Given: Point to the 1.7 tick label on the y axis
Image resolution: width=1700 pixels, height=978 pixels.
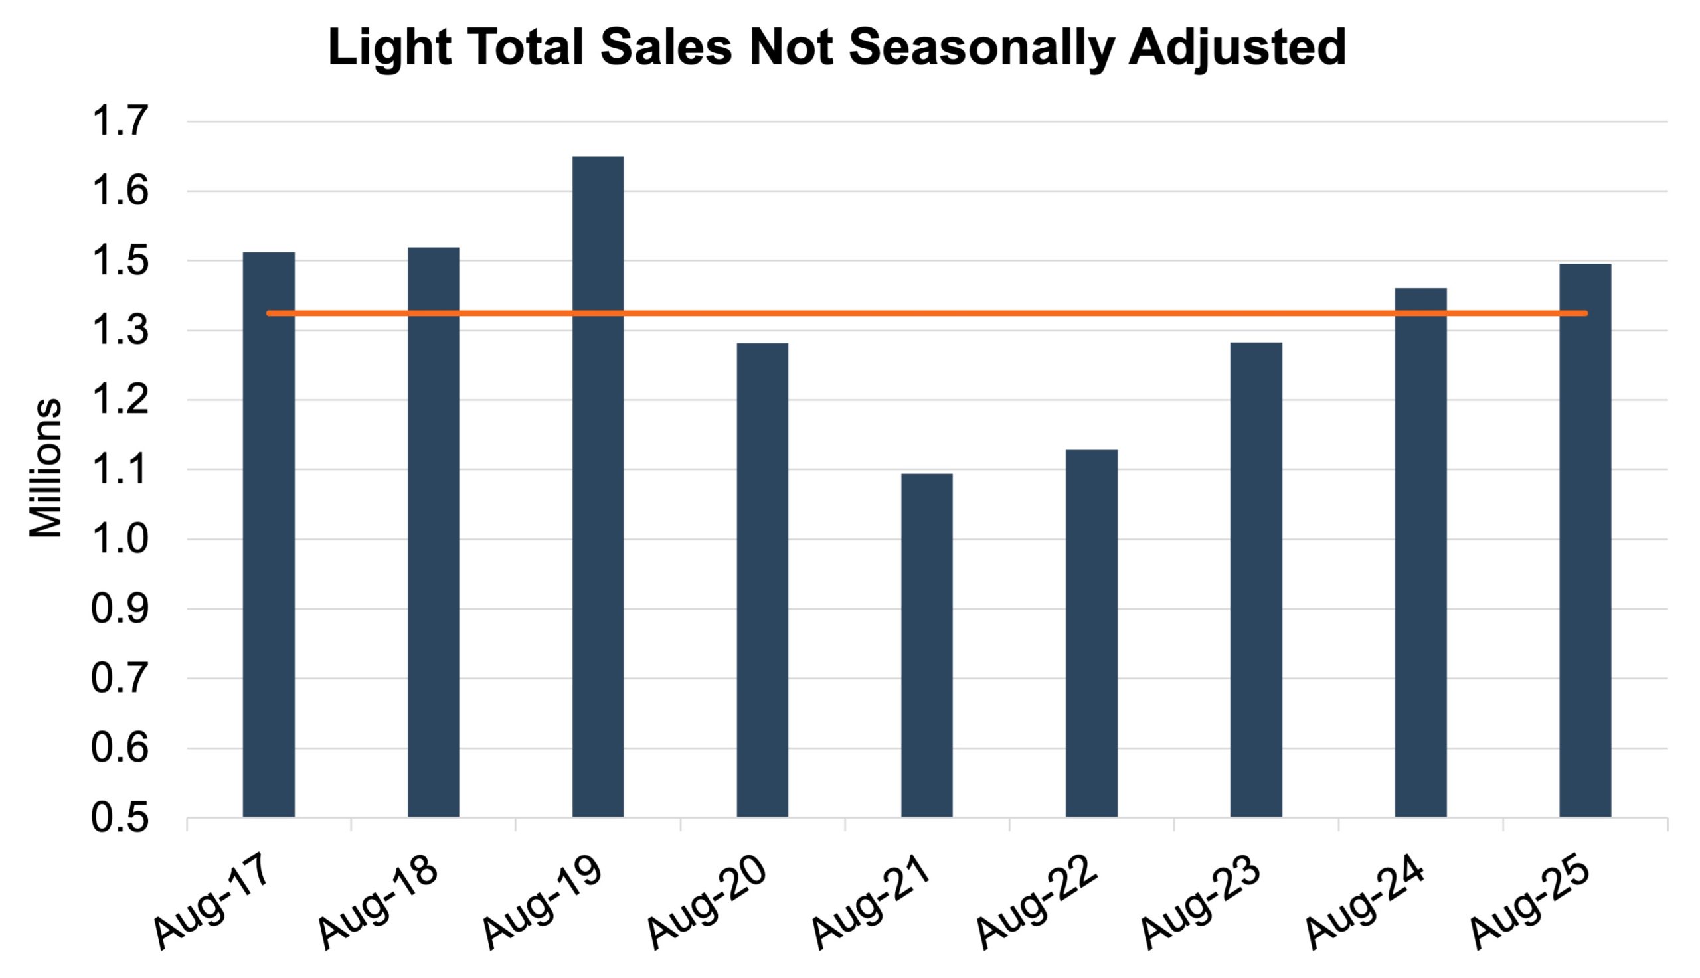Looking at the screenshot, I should pos(119,122).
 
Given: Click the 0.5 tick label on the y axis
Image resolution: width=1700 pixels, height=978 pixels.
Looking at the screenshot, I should pos(119,819).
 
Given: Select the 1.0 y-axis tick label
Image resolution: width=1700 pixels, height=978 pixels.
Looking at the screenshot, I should pos(119,540).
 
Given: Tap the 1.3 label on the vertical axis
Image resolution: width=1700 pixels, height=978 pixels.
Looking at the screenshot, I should pos(119,331).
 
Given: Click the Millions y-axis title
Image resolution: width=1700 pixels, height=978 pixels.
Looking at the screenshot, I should pos(46,469).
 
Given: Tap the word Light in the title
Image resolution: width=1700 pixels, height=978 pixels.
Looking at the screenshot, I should pos(389,48).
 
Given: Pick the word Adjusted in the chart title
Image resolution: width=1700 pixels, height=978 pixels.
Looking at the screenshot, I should pos(1237,48).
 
